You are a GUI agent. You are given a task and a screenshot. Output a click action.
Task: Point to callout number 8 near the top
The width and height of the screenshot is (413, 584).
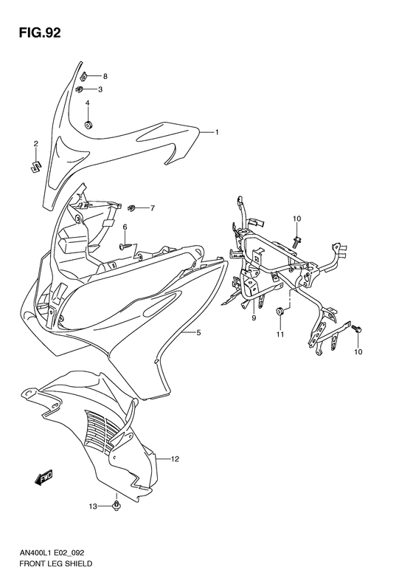click(105, 76)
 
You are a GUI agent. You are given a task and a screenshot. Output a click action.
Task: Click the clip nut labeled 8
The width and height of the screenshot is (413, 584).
click(85, 75)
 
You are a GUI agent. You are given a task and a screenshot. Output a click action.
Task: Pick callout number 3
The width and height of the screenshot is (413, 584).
click(100, 89)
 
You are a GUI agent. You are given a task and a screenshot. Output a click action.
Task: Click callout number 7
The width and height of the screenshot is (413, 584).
click(152, 207)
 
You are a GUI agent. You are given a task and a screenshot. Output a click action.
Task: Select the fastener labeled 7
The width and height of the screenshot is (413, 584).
click(133, 207)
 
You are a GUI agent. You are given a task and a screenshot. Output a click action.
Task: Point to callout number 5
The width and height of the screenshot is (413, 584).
click(198, 334)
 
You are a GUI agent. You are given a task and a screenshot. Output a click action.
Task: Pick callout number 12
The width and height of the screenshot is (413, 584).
click(175, 458)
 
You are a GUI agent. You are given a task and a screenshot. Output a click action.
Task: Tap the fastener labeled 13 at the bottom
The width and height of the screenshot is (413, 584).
click(117, 506)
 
